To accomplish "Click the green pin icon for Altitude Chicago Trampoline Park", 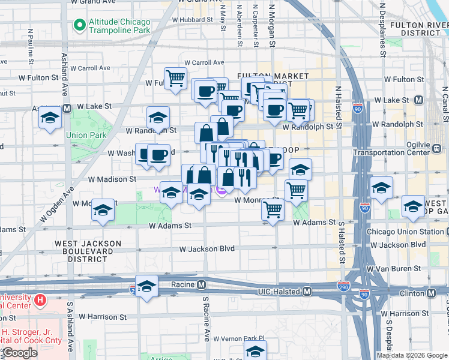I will (x=78, y=25).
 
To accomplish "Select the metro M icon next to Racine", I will (x=202, y=284).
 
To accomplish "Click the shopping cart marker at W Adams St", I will (x=273, y=210).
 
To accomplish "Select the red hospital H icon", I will (x=40, y=299).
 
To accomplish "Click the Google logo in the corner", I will (x=20, y=353).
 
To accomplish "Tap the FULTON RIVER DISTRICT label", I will (x=418, y=29).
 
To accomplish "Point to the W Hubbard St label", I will (x=193, y=19).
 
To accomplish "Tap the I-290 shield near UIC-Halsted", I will (x=344, y=286).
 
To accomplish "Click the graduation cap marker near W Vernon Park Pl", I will (x=255, y=350).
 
